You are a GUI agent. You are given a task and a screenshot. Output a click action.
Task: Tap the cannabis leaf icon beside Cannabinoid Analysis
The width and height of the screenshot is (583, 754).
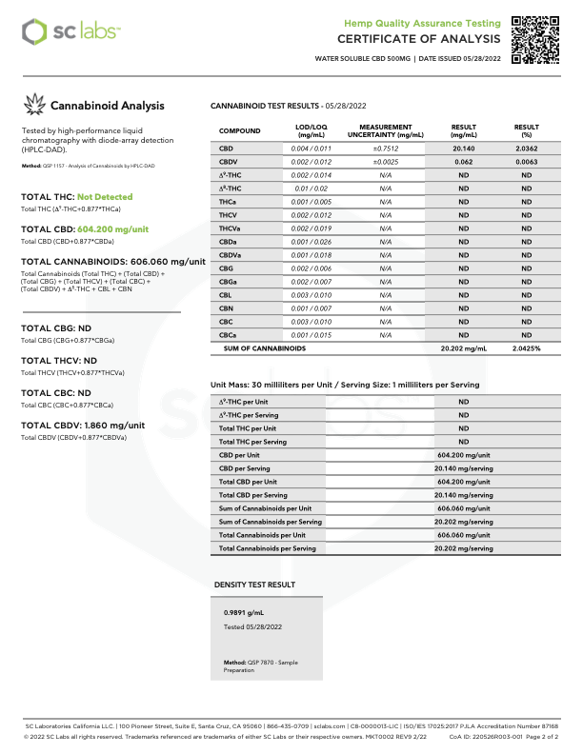(x=34, y=106)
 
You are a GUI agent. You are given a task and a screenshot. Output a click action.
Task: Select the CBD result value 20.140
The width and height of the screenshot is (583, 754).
(x=463, y=149)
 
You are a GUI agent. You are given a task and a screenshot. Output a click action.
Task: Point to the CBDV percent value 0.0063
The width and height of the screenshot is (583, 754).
(x=526, y=162)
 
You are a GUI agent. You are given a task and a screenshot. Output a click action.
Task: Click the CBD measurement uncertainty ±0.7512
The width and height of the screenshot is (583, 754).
(x=385, y=149)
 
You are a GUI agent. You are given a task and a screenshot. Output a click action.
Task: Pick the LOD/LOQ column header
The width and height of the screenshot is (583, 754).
(x=312, y=130)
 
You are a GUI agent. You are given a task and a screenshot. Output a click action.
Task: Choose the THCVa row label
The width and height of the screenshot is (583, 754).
(x=231, y=228)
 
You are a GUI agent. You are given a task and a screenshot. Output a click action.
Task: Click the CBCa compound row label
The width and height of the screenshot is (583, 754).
(x=229, y=335)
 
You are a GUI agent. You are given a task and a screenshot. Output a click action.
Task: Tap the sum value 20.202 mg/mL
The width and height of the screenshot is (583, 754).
(x=463, y=348)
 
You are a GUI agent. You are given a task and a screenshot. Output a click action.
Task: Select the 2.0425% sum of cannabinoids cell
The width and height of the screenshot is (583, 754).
(x=527, y=348)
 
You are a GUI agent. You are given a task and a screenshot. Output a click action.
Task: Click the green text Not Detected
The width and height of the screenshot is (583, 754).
(x=105, y=197)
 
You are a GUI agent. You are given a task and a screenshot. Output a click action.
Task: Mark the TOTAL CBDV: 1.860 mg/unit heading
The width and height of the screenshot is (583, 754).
(x=83, y=426)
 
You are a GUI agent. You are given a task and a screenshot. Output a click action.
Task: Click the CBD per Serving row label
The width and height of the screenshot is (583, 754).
(x=244, y=468)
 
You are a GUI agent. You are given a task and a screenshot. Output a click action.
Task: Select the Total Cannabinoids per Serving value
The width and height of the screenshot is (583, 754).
(x=463, y=548)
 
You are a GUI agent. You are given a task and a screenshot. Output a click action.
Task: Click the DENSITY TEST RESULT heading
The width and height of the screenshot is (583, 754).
(x=253, y=585)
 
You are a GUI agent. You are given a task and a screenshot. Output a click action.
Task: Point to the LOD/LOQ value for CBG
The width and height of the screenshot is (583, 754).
(x=312, y=268)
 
